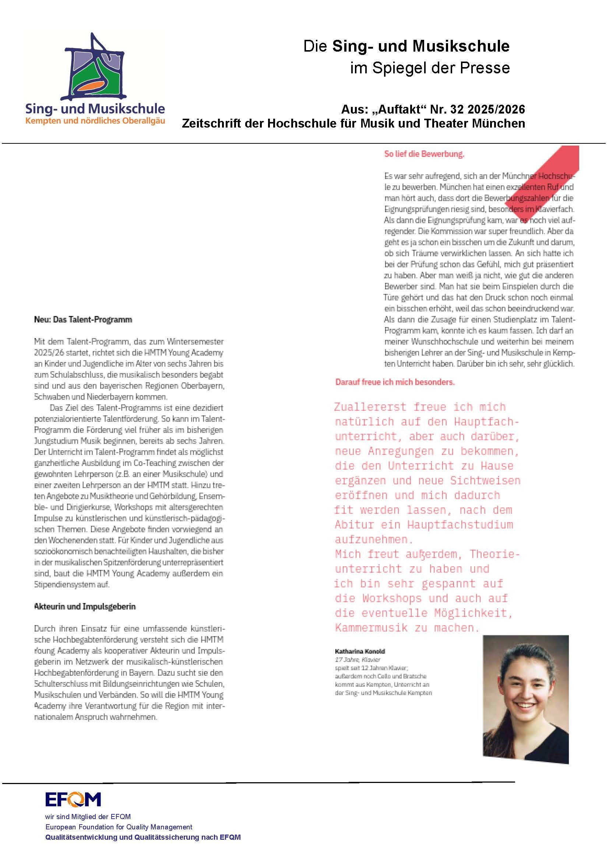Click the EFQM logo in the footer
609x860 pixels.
click(73, 800)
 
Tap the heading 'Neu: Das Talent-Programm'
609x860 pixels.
click(83, 320)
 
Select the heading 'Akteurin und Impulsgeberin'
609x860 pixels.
click(85, 606)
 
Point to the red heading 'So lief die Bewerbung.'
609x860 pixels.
click(424, 154)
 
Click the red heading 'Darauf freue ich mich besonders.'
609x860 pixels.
click(395, 382)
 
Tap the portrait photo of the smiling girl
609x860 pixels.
click(525, 699)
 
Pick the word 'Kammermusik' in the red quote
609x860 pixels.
click(371, 628)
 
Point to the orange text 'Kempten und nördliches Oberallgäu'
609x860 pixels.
click(95, 121)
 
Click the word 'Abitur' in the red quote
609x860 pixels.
click(354, 525)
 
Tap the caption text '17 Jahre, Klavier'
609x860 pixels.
click(358, 659)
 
